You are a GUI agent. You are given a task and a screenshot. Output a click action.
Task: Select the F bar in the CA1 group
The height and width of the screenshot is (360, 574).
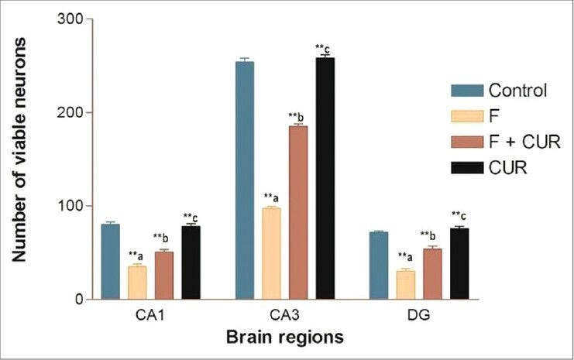(x=137, y=283)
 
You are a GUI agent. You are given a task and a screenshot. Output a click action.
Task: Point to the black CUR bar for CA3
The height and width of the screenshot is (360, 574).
(x=325, y=178)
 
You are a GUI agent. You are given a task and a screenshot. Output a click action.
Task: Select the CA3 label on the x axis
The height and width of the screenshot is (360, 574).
(x=285, y=318)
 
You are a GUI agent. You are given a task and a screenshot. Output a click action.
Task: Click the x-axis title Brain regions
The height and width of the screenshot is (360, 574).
(x=284, y=338)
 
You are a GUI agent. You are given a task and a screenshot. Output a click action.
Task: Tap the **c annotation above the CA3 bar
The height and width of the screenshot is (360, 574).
(x=325, y=49)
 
